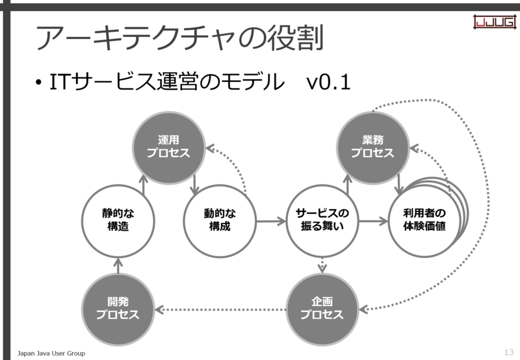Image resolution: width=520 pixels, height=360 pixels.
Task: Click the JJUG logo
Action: tap(495, 22)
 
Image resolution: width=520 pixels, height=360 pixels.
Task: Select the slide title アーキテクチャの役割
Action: tap(179, 38)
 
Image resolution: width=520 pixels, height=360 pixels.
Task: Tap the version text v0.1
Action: tap(328, 82)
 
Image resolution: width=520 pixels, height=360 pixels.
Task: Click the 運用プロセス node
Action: tap(168, 148)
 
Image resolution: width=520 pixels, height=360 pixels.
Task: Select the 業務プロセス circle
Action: tap(372, 148)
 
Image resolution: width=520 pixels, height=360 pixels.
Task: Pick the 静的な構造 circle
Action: tap(118, 221)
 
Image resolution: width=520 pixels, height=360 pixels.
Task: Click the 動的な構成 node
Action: tap(220, 221)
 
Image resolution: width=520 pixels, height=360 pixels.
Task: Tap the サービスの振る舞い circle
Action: tap(322, 221)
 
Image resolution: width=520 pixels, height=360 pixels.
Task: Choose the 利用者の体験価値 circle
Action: tap(424, 221)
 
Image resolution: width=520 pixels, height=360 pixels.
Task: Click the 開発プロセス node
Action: tap(118, 309)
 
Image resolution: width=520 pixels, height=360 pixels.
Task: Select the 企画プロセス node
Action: tap(322, 309)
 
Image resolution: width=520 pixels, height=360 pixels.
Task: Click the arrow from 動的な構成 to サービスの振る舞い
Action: tap(271, 221)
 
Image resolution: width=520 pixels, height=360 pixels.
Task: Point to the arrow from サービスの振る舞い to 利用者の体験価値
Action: tap(373, 221)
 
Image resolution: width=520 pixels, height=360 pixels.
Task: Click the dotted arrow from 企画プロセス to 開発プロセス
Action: tap(220, 309)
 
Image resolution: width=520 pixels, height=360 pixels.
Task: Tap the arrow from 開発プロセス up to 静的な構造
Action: tap(118, 266)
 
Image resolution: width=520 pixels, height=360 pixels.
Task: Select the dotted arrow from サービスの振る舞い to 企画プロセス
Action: tap(322, 265)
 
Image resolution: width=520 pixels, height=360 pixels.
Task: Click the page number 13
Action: tap(509, 352)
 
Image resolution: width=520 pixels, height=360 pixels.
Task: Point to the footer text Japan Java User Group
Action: tap(51, 354)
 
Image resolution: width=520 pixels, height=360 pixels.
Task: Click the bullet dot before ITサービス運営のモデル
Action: tap(39, 83)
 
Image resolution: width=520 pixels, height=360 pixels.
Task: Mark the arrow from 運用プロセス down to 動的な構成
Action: tap(194, 184)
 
